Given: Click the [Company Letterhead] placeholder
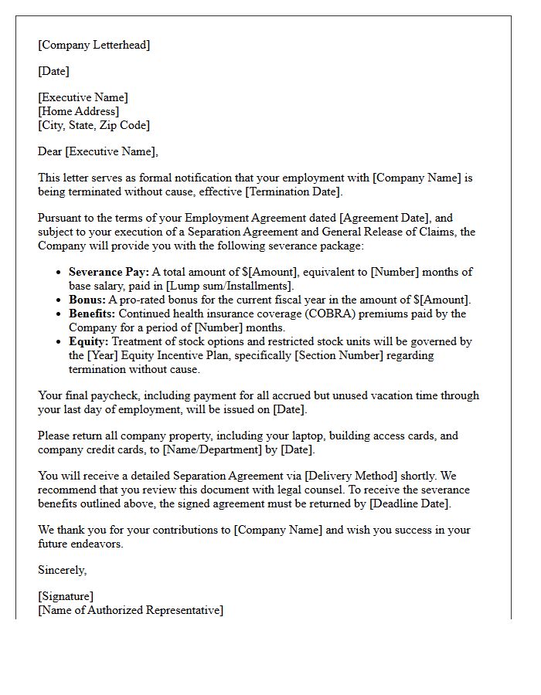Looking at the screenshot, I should tap(94, 45).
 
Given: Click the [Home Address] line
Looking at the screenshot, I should tap(79, 111).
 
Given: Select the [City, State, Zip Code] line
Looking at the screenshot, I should tap(94, 125).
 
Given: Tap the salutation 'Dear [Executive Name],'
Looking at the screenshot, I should tap(97, 151).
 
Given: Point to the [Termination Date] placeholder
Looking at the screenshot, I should tap(296, 192).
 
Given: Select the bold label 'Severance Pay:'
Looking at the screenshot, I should tap(108, 272).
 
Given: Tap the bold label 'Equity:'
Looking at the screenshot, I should tap(88, 341).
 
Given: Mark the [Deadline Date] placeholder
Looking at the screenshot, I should tap(409, 503).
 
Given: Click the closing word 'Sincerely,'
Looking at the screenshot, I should tap(63, 570).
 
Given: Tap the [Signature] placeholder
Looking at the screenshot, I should tap(66, 596).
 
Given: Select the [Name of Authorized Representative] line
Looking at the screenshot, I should tap(131, 610).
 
